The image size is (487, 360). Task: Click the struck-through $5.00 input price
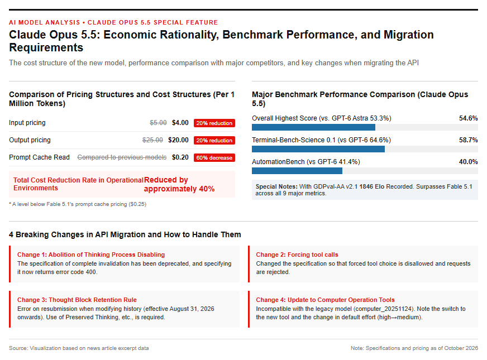click(158, 123)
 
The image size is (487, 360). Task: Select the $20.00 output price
click(178, 140)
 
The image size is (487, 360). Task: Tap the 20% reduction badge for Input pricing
click(214, 123)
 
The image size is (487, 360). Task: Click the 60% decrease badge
click(214, 157)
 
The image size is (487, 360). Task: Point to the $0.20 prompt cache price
click(180, 157)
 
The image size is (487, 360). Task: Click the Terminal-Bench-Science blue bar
click(318, 149)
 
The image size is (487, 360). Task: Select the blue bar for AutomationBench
click(297, 171)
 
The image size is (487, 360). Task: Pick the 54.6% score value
click(469, 118)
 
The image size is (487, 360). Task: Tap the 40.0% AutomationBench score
click(469, 162)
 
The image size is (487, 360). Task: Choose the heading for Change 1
click(91, 255)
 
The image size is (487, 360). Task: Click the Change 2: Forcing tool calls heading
click(297, 255)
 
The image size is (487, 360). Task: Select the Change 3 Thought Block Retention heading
click(77, 300)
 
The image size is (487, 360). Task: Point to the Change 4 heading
click(325, 300)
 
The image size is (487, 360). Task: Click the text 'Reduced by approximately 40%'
click(179, 184)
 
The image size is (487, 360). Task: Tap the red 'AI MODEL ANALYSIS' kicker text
click(45, 22)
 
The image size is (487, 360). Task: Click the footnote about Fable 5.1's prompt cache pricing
click(78, 204)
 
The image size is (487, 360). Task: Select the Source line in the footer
click(79, 348)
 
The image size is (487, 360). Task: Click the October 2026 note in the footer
click(414, 348)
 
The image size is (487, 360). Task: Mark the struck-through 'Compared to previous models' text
click(122, 157)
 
